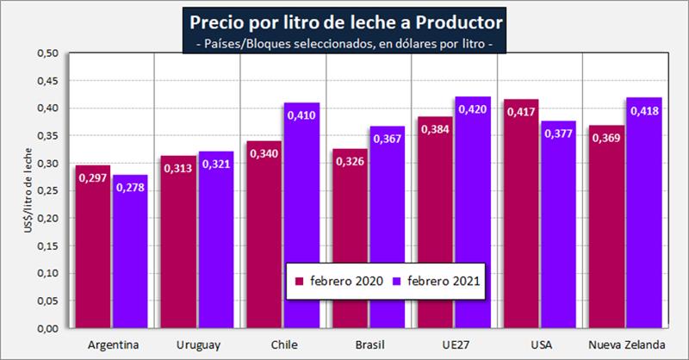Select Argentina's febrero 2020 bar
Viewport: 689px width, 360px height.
pyautogui.click(x=93, y=250)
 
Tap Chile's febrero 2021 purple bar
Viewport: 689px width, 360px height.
pyautogui.click(x=301, y=224)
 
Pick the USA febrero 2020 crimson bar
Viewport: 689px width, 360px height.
pyautogui.click(x=524, y=220)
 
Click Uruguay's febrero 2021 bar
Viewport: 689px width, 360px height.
pyautogui.click(x=215, y=245)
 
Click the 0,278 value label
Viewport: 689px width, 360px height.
pyautogui.click(x=131, y=187)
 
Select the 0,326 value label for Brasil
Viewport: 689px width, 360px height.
pyautogui.click(x=350, y=161)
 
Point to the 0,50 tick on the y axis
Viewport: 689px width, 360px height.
pyautogui.click(x=47, y=53)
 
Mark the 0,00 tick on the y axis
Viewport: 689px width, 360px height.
pyautogui.click(x=47, y=328)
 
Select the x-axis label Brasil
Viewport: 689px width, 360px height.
pyautogui.click(x=369, y=345)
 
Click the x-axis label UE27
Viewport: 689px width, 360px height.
pyautogui.click(x=454, y=345)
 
